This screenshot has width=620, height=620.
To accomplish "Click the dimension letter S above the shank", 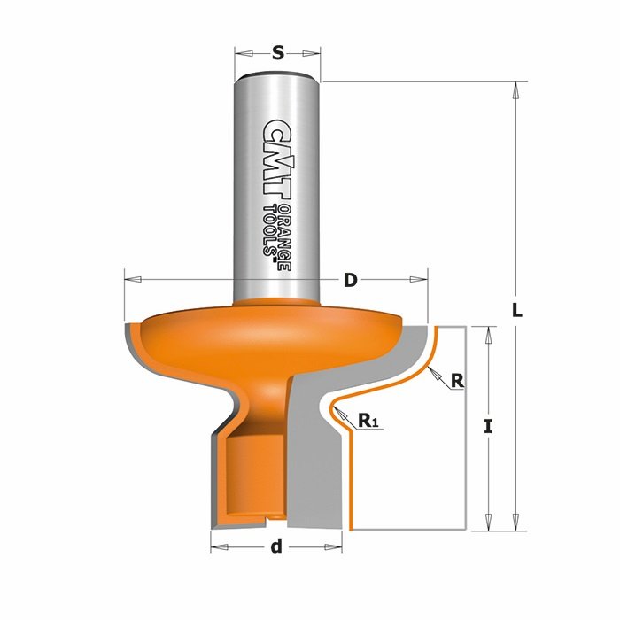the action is coord(278,53).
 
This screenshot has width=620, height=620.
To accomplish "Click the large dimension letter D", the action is coord(351,280).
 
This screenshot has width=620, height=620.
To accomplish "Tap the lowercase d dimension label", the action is coord(276,546).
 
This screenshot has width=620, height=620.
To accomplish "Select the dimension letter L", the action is coord(517,310).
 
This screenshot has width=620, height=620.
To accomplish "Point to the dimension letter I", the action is coord(489,427).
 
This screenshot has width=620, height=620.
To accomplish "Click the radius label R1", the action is coord(368,420).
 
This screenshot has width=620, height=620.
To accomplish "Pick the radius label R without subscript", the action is coord(457,381).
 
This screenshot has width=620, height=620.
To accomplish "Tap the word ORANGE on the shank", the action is coord(284,238).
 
